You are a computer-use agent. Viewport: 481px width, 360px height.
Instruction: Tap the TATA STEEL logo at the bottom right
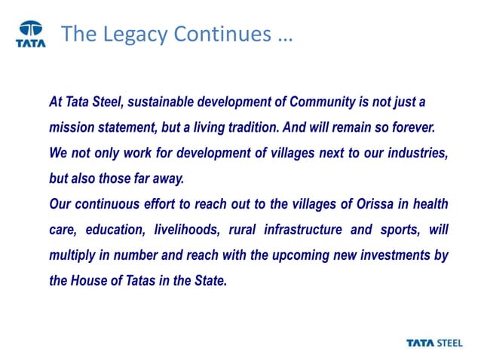437,343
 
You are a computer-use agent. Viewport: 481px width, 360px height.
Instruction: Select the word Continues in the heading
219,34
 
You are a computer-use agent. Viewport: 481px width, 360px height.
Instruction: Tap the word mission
70,127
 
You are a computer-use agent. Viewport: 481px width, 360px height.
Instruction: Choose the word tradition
274,127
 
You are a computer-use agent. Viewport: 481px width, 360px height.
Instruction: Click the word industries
417,153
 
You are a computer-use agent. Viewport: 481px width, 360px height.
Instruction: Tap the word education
112,230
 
